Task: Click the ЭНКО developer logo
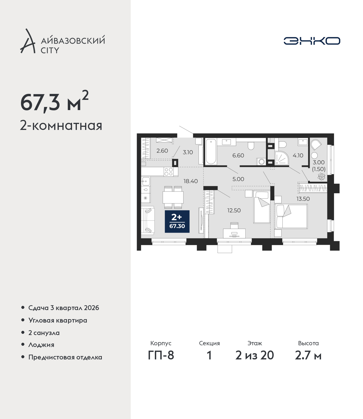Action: point(312,41)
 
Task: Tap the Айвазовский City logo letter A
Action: point(28,41)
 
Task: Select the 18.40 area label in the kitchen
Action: point(191,181)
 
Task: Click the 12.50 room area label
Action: point(234,210)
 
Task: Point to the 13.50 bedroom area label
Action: point(303,199)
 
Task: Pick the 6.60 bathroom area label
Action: point(238,155)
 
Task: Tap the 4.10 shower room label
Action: point(298,155)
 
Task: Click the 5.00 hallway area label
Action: point(238,179)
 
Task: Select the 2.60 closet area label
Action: point(162,151)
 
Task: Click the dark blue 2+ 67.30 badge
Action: point(177,221)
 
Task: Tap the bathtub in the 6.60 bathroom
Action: point(211,151)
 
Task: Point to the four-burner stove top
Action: point(169,172)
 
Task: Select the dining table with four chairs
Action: point(173,197)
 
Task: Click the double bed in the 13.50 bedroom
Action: point(291,216)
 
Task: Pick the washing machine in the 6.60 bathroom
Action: point(261,162)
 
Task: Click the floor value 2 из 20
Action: point(255,355)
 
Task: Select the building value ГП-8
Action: point(161,355)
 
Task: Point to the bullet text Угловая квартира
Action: point(58,321)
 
